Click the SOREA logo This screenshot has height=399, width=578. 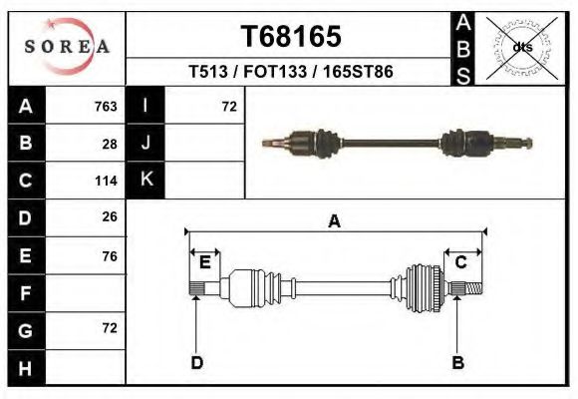click(67, 47)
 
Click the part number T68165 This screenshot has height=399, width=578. click(291, 36)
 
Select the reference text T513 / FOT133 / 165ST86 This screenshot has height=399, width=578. click(291, 72)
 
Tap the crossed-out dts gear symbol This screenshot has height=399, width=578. click(522, 47)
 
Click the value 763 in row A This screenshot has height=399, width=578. click(106, 107)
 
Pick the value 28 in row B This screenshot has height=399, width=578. click(110, 144)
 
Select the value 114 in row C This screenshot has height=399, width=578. click(106, 181)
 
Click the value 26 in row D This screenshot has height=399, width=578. click(110, 216)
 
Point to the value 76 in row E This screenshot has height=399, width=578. click(110, 255)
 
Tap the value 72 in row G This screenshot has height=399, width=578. click(110, 328)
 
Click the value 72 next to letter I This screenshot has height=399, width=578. click(228, 107)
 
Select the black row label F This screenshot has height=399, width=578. click(25, 293)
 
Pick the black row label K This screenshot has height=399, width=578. click(145, 181)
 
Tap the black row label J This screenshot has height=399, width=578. click(145, 144)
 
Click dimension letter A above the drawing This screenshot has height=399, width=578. click(334, 222)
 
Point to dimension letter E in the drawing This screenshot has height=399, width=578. click(204, 262)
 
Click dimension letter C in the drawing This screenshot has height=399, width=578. click(461, 262)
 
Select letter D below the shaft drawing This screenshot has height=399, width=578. click(197, 362)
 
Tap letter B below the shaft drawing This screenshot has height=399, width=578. click(458, 362)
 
